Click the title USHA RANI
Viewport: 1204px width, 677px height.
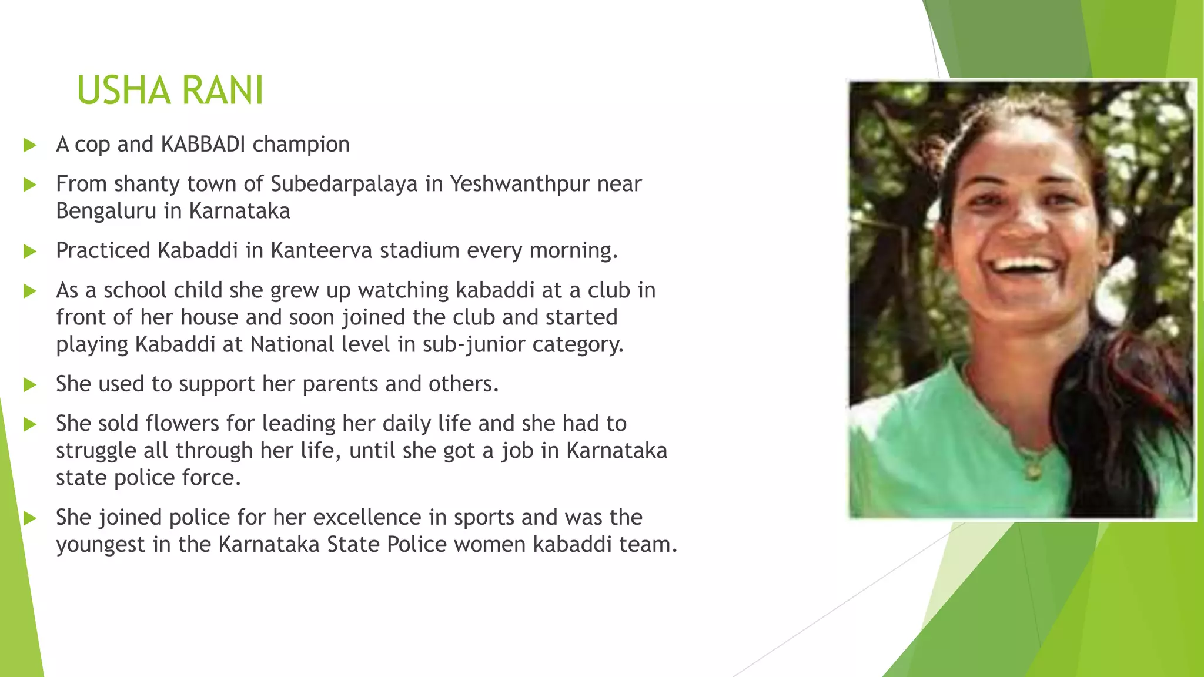(x=170, y=91)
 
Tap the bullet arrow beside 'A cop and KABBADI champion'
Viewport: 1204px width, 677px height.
(x=30, y=145)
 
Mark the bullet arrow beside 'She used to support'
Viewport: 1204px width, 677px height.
(x=30, y=385)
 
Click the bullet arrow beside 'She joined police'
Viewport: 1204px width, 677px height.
(x=30, y=518)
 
